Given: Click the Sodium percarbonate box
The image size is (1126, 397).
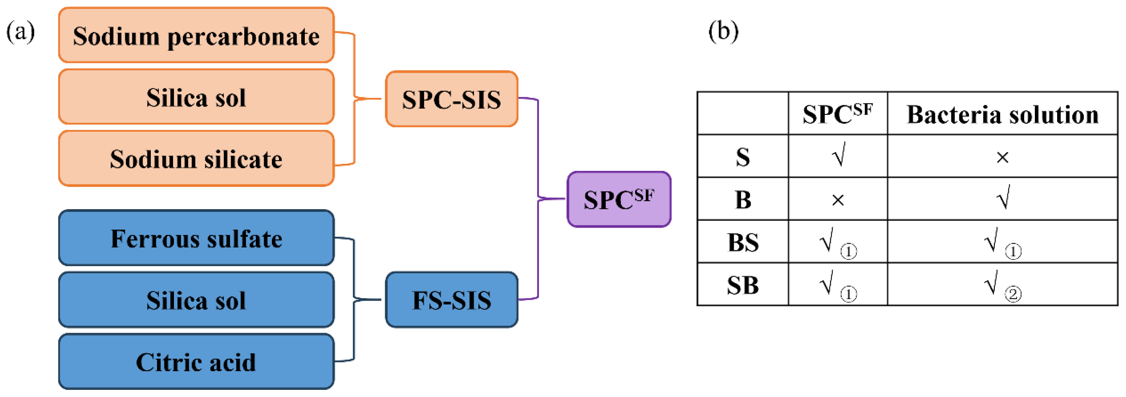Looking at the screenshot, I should (x=196, y=35).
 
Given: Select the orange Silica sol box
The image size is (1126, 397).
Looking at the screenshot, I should (x=196, y=97).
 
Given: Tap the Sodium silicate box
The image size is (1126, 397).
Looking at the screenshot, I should (x=196, y=159).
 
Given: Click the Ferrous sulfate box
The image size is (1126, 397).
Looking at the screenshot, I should (x=196, y=238).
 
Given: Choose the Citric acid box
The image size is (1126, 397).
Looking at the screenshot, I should (x=196, y=362).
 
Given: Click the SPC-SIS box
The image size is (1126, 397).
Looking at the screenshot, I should (x=451, y=99).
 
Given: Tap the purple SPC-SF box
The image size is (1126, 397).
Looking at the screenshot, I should (x=618, y=200).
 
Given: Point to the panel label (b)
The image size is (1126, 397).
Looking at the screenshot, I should (x=724, y=31).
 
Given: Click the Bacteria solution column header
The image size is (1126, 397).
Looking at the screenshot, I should (x=1002, y=115).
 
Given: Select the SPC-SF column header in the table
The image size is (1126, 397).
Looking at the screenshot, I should (x=837, y=115).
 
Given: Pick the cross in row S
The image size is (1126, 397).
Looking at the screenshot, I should (x=1002, y=157).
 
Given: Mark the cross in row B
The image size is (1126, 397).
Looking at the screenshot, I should (x=837, y=200).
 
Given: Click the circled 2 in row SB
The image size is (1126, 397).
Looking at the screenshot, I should (x=1013, y=294).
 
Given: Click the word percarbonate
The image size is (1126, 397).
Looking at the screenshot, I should (x=243, y=37).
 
